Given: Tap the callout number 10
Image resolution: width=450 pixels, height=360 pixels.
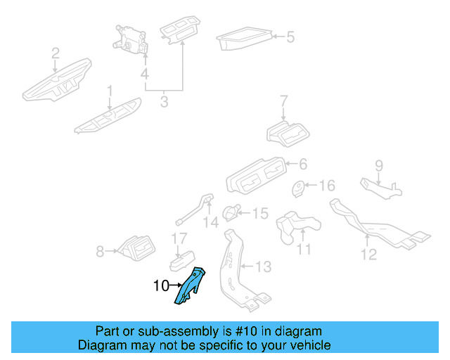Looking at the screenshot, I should coord(160,286).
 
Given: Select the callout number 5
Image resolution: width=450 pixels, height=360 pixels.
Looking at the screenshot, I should coord(290,36).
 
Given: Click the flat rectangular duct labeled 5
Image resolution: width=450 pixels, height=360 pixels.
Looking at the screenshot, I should coord(243,39).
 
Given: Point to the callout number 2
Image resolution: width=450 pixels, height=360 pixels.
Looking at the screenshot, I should coord(56,53).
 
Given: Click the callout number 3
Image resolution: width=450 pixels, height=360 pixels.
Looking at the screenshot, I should coord(164,102).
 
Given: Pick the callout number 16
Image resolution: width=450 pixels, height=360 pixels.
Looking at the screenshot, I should coord(328,186).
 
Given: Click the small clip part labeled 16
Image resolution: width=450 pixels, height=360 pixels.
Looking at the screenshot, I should coord(301,188).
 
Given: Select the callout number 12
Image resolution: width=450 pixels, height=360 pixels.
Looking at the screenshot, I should coord(369,254).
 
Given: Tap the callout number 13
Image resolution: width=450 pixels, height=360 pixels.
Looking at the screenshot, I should coord(262,266).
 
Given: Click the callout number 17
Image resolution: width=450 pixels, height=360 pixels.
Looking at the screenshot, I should coord(179,240).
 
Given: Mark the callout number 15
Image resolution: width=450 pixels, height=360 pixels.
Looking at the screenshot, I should coord(260,212).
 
